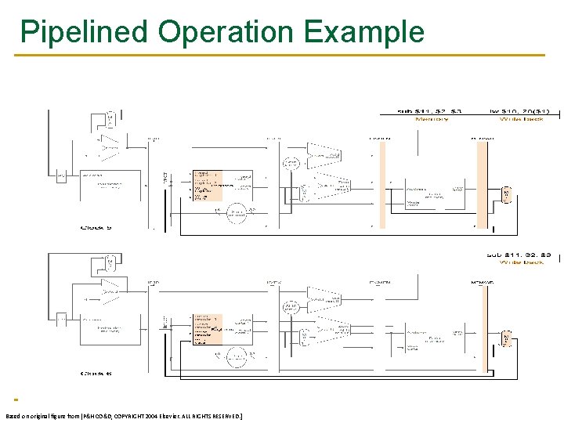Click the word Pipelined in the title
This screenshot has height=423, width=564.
[x=84, y=33]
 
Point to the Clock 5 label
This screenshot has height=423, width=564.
[x=98, y=227]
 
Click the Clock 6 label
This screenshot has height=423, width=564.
[x=96, y=374]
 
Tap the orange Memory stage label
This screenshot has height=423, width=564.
[x=432, y=119]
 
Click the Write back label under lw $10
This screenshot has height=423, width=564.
[x=522, y=119]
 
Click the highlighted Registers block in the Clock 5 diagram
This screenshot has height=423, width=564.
[x=208, y=186]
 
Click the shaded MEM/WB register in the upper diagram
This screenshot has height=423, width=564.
[x=483, y=184]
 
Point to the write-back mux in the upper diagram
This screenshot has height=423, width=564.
[x=507, y=193]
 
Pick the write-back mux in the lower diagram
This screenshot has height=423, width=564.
[x=507, y=338]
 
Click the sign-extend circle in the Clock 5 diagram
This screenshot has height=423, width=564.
[x=237, y=211]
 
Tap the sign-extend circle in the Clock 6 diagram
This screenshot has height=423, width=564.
[x=237, y=356]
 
